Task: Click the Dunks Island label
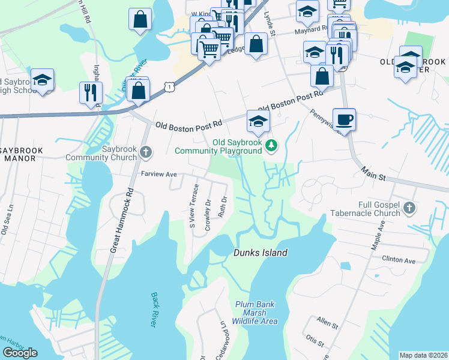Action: pos(260,253)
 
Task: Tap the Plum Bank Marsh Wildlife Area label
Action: pos(256,313)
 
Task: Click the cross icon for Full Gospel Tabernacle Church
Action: pos(409,208)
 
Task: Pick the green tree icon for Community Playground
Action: pos(271,145)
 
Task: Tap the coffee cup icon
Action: pos(344,118)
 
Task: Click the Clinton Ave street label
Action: pos(399,260)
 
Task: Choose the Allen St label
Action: pos(328,323)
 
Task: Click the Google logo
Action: pos(20,352)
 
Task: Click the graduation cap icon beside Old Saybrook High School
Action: pos(43,79)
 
